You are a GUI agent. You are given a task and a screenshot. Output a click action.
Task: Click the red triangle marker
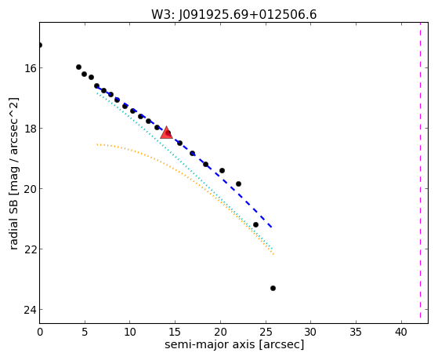(166, 133)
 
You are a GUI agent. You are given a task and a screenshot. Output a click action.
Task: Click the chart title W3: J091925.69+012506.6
(234, 14)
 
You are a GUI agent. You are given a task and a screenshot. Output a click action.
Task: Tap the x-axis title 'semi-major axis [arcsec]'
(234, 344)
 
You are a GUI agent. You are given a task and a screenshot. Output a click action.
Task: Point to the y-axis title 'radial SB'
(13, 223)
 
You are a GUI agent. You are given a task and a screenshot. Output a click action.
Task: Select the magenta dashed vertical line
(420, 170)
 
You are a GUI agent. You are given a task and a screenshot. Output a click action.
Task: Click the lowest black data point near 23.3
(273, 288)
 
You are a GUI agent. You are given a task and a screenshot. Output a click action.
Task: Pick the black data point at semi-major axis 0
(40, 45)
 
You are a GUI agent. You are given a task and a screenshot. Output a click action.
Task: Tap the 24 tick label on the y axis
(30, 310)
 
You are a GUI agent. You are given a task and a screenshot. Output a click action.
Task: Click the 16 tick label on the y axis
(30, 68)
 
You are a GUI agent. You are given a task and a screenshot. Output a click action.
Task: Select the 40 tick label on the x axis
(402, 333)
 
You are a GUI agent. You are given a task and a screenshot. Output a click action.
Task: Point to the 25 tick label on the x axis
(266, 333)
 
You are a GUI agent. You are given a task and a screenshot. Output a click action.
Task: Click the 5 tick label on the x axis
(85, 333)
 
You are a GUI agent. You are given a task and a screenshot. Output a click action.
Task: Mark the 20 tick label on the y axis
(30, 189)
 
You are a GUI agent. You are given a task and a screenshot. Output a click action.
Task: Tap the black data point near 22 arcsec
(238, 184)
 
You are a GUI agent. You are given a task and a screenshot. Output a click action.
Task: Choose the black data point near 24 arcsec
(255, 224)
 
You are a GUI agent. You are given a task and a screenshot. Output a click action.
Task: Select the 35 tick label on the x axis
(357, 333)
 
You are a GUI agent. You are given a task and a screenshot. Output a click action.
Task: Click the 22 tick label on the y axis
(30, 249)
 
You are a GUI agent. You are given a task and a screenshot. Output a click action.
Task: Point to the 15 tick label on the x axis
(176, 333)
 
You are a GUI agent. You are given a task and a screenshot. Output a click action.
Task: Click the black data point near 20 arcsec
(222, 170)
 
